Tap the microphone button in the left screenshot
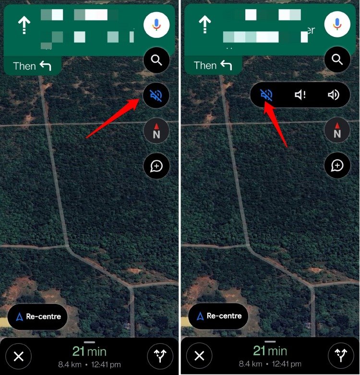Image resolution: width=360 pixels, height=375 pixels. (x=156, y=24)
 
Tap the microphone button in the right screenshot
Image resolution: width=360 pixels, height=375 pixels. (x=337, y=24)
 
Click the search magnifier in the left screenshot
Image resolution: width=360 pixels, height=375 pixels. (x=156, y=60)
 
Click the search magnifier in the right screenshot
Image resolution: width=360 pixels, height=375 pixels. (x=337, y=60)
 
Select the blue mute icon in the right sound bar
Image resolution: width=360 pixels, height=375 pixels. (x=266, y=95)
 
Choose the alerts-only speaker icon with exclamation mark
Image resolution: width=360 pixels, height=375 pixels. (x=300, y=95)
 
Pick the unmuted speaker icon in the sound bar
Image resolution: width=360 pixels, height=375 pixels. (x=333, y=95)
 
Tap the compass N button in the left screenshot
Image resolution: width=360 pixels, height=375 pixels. (x=156, y=131)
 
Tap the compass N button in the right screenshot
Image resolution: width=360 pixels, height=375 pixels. (x=337, y=131)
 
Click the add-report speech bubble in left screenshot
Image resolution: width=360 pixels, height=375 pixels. (x=156, y=166)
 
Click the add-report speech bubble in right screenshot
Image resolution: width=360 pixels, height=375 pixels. (x=337, y=166)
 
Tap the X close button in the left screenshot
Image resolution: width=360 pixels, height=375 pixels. (x=19, y=356)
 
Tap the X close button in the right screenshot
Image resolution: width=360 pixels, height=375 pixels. (x=199, y=356)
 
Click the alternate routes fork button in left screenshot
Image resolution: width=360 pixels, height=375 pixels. (x=160, y=356)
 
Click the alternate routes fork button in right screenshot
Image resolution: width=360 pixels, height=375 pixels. (x=340, y=356)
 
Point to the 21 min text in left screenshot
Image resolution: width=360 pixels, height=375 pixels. (x=89, y=351)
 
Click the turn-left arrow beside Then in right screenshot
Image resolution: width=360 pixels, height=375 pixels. (x=226, y=65)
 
